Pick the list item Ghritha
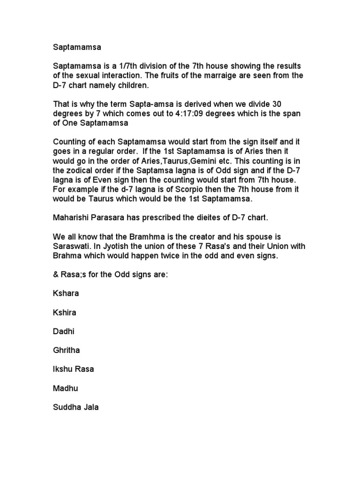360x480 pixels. coord(67,350)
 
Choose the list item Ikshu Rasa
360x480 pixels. coord(74,369)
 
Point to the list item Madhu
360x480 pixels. coord(65,388)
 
